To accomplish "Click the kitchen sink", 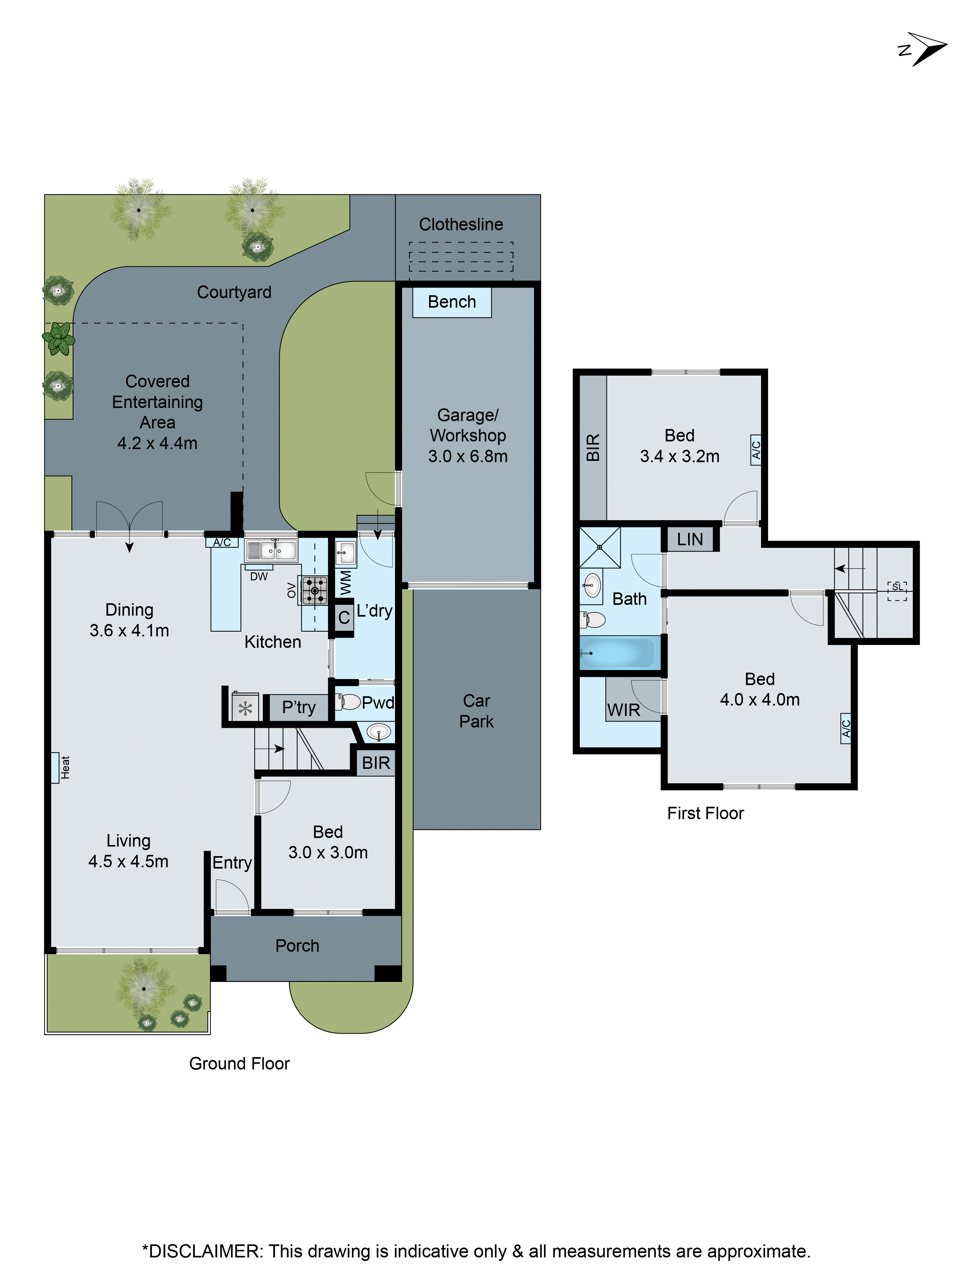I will pos(271,551).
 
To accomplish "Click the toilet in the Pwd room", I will pos(349,702).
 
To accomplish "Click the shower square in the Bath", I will pos(600,547).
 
